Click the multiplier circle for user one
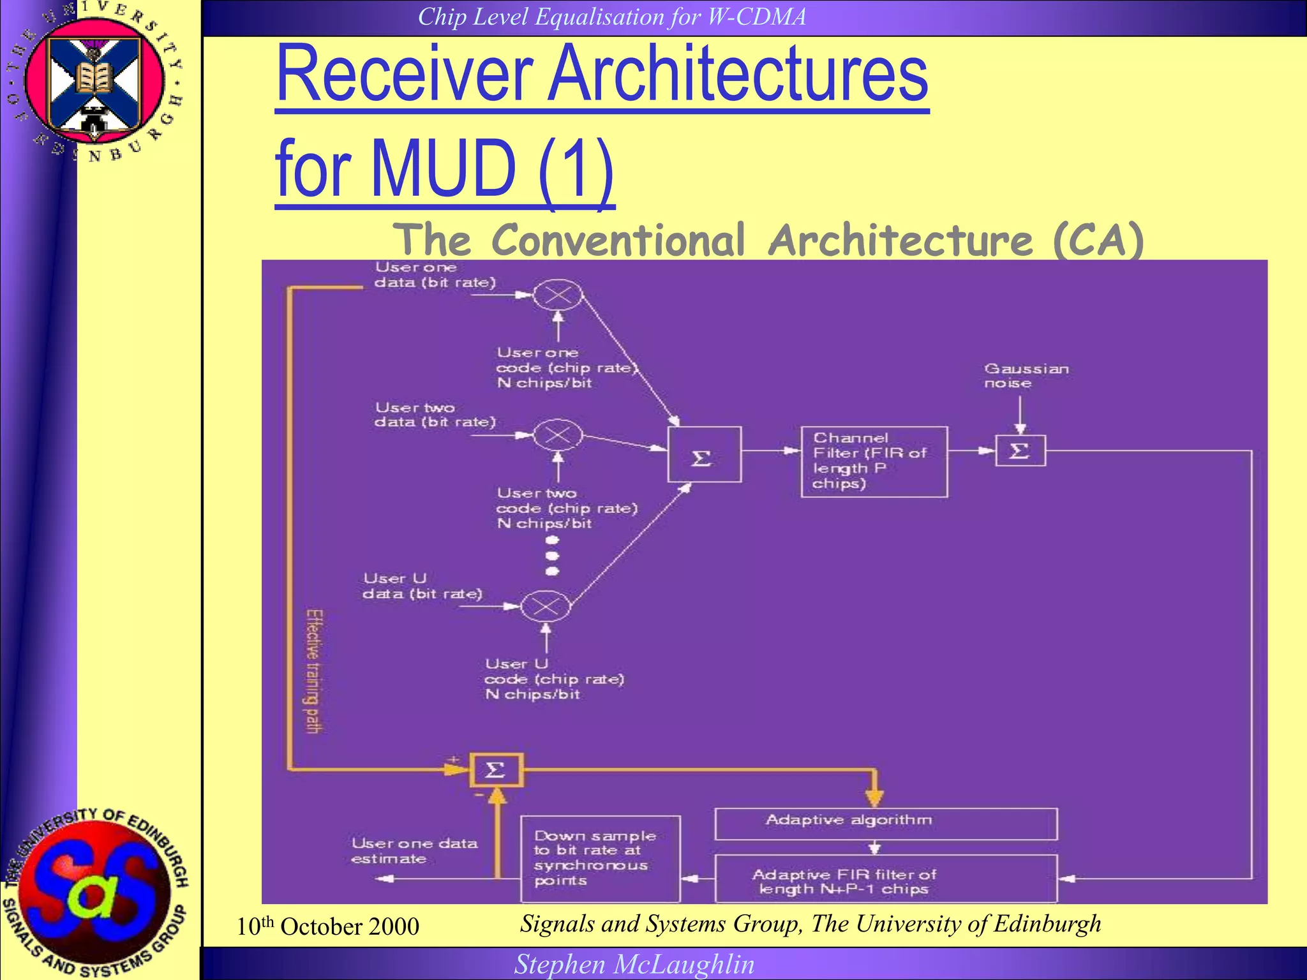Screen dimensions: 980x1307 point(558,295)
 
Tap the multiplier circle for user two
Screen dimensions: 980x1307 point(558,436)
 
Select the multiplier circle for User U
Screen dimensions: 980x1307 point(546,606)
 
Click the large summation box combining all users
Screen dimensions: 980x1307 point(704,454)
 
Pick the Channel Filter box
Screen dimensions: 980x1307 point(874,461)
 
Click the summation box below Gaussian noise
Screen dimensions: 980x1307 point(1020,451)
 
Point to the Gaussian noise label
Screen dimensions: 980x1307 point(1025,376)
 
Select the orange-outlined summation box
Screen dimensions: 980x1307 point(496,770)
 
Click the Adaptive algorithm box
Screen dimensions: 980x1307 point(885,823)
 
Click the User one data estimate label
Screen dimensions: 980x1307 point(414,850)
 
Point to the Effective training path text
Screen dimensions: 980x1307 point(314,671)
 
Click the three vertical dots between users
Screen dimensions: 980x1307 point(553,556)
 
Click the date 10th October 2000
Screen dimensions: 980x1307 point(327,926)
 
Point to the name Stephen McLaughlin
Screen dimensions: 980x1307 point(634,964)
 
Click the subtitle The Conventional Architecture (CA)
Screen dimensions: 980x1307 point(768,240)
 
